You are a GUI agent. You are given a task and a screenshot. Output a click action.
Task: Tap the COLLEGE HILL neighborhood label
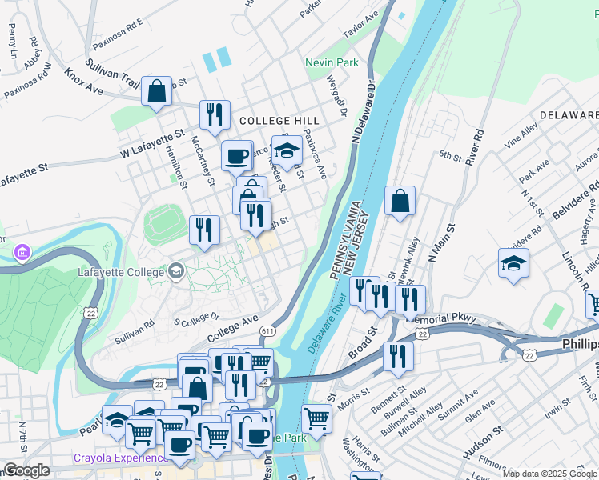point(273,119)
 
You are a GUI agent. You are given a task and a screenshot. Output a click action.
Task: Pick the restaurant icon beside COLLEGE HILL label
point(215,114)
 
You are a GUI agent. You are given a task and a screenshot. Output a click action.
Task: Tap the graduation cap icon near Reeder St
point(287,148)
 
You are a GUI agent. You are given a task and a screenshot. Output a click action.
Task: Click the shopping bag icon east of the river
point(400,202)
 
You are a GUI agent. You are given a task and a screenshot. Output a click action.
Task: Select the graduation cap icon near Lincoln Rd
point(513,262)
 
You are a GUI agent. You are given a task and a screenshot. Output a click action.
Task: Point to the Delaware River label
point(327,321)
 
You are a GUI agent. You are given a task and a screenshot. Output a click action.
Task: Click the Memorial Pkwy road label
point(441,318)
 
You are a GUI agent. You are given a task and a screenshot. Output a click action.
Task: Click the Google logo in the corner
point(26,470)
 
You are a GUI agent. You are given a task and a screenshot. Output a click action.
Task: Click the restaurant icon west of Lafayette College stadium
point(204,230)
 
